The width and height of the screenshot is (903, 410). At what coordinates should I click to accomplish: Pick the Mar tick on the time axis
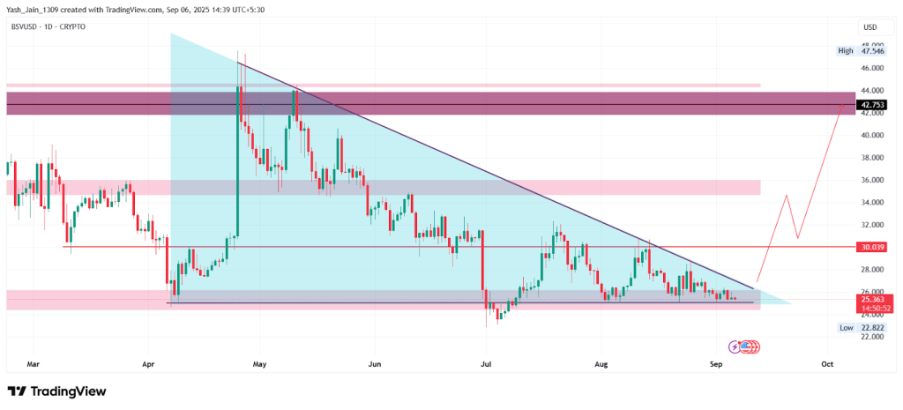34,362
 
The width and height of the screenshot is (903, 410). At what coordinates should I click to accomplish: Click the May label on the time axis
259,362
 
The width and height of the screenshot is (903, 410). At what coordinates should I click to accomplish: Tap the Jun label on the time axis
375,362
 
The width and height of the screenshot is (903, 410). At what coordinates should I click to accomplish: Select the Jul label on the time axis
486,362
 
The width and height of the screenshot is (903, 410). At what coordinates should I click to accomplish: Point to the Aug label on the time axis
601,362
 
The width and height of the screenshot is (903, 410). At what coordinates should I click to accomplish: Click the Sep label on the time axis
715,362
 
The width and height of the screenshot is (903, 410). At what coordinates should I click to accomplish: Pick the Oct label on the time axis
827,362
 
